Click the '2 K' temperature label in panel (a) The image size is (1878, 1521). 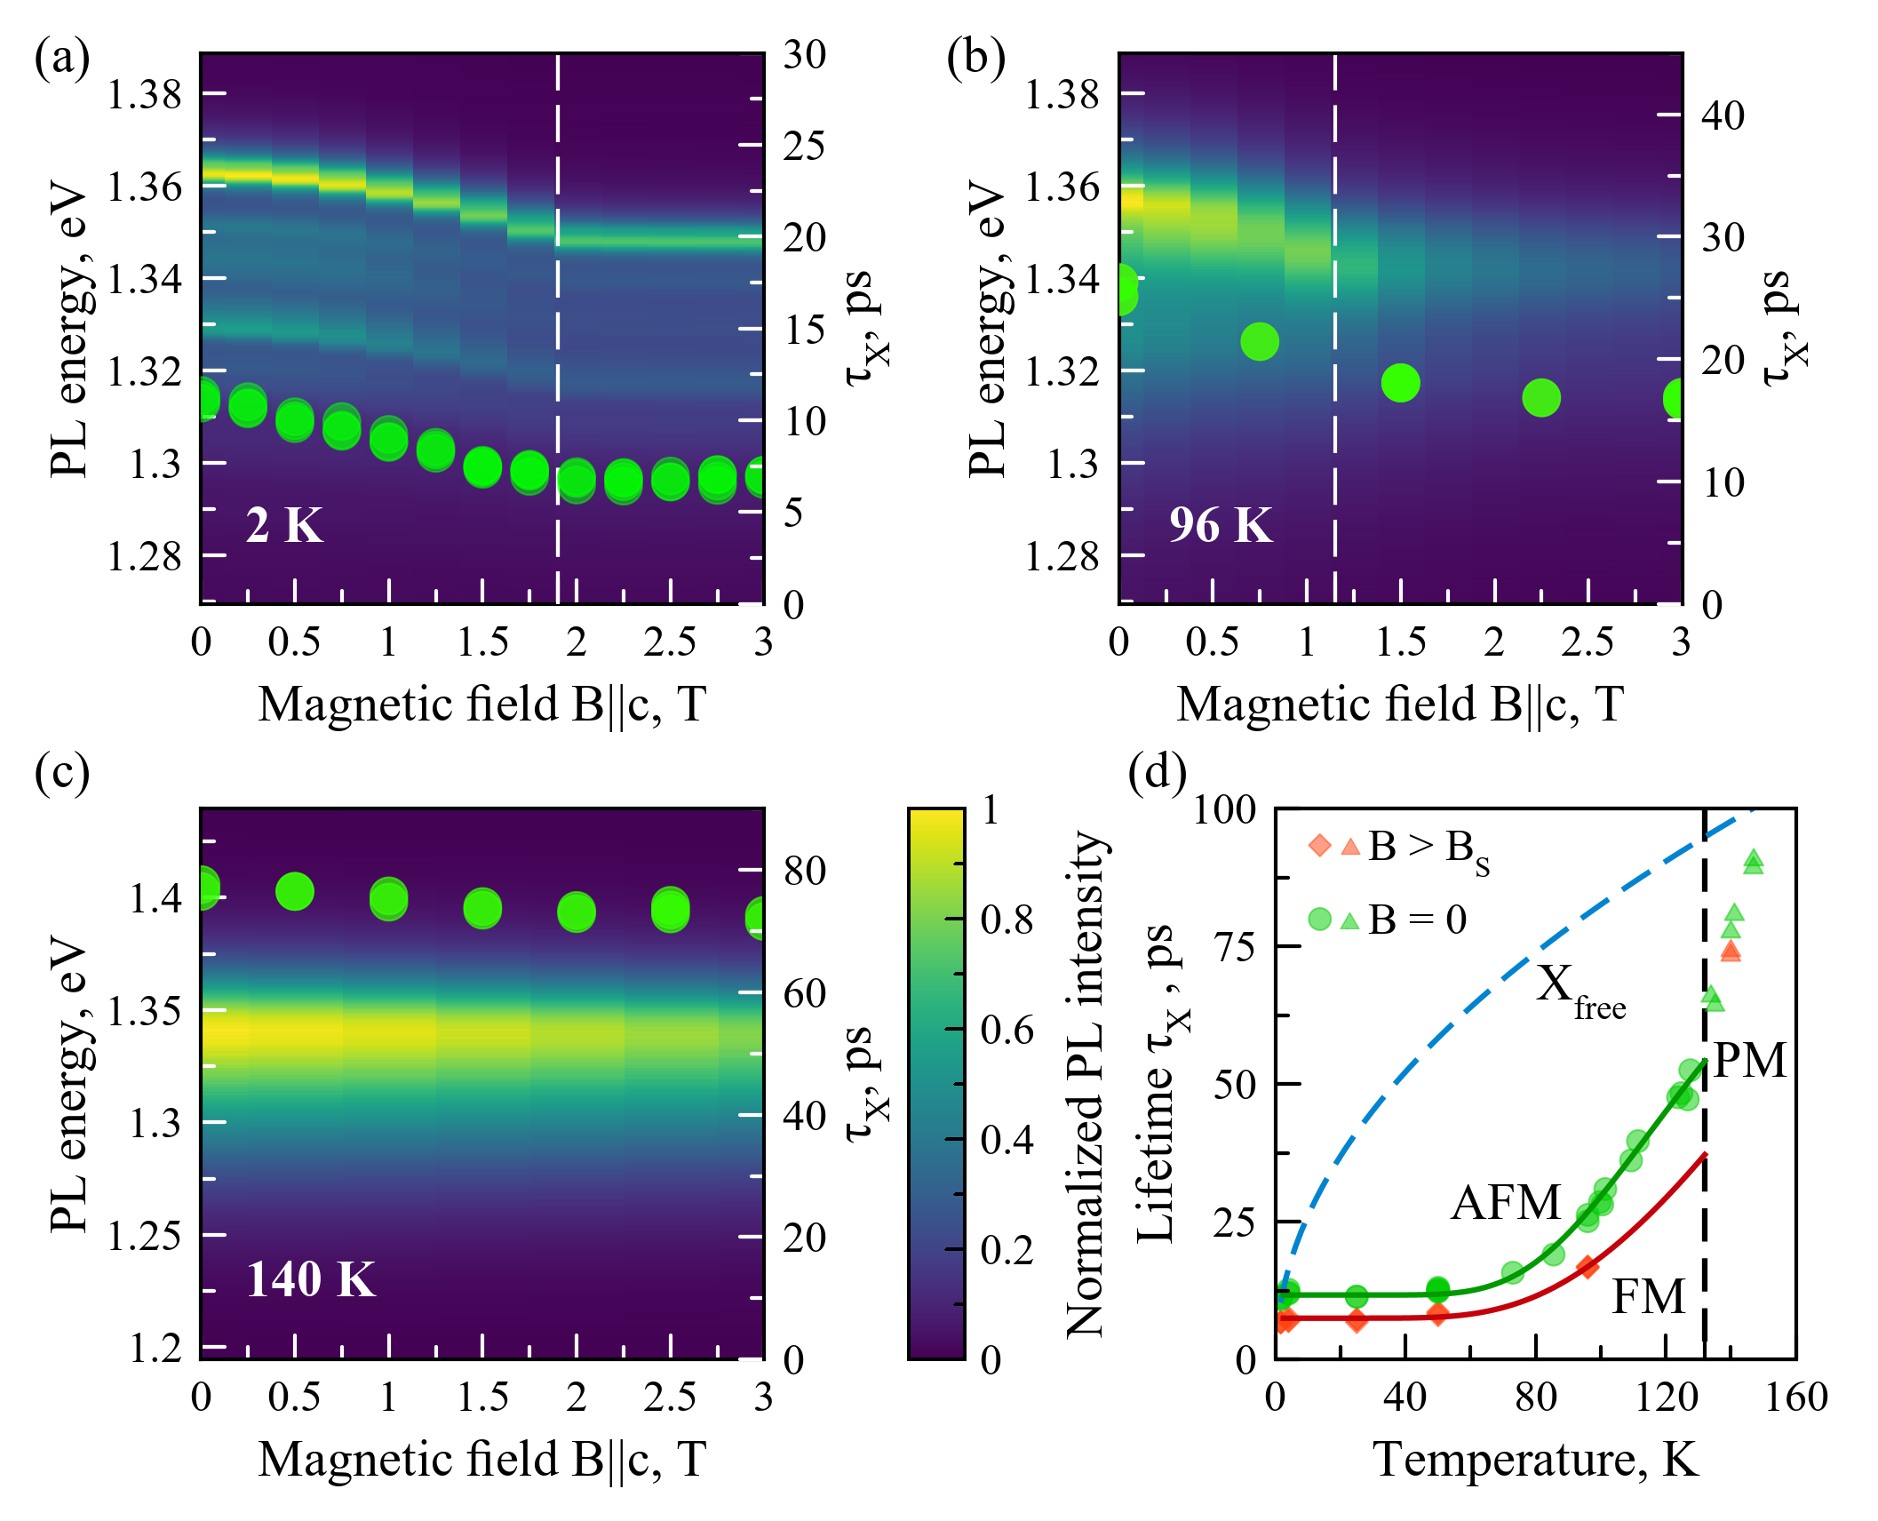click(x=284, y=525)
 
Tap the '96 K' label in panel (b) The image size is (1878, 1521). click(x=1221, y=525)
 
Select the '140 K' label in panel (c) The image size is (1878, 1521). click(x=311, y=1280)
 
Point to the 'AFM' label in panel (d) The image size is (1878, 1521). click(x=1506, y=1203)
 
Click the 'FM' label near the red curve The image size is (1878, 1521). click(x=1648, y=1296)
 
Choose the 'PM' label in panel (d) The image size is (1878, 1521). click(x=1749, y=1060)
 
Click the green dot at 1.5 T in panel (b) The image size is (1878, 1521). click(x=1401, y=383)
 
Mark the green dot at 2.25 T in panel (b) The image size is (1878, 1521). click(x=1541, y=397)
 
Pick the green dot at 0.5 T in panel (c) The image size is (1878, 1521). click(x=295, y=891)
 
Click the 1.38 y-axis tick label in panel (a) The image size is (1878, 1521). click(x=145, y=93)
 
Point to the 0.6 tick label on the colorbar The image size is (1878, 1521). click(x=1007, y=1030)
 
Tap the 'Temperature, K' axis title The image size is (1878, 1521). click(x=1536, y=1459)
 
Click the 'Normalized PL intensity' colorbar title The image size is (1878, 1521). click(x=1086, y=1084)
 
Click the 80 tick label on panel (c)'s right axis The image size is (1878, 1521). click(x=805, y=871)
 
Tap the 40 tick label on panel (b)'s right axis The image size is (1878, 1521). click(x=1723, y=115)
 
